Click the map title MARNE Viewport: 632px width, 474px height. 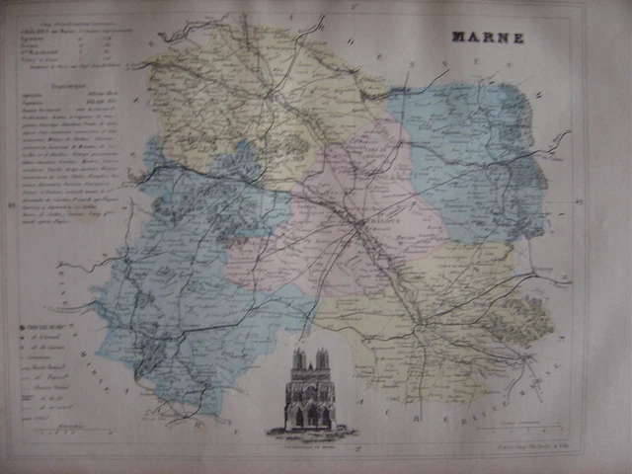(x=489, y=38)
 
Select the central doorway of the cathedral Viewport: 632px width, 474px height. (x=310, y=416)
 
